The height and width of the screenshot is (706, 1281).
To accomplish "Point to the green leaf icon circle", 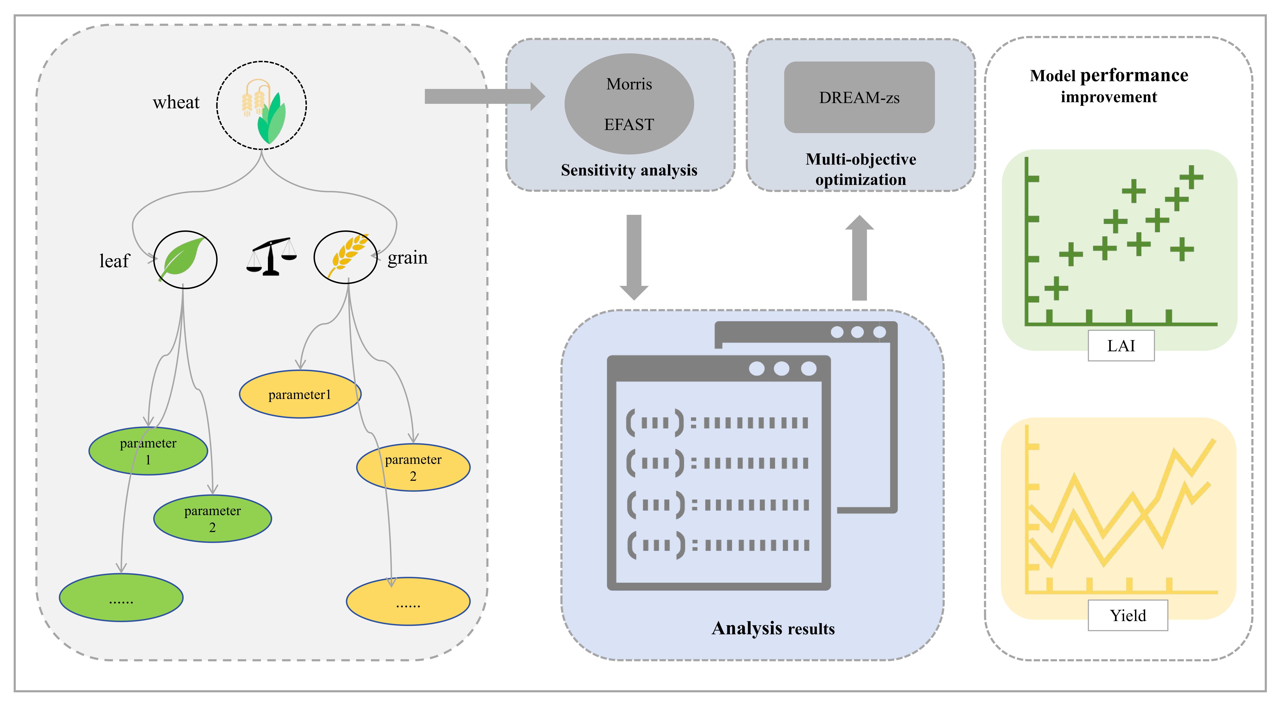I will pos(185,259).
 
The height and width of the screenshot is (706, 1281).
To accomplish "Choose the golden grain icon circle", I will pos(346,257).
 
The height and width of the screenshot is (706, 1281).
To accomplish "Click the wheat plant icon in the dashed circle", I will pos(262,105).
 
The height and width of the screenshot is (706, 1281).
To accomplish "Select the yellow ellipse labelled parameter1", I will pos(300,394).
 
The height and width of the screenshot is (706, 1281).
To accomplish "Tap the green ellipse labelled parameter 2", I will pos(212,519).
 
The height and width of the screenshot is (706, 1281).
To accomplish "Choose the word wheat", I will pos(176,102).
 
